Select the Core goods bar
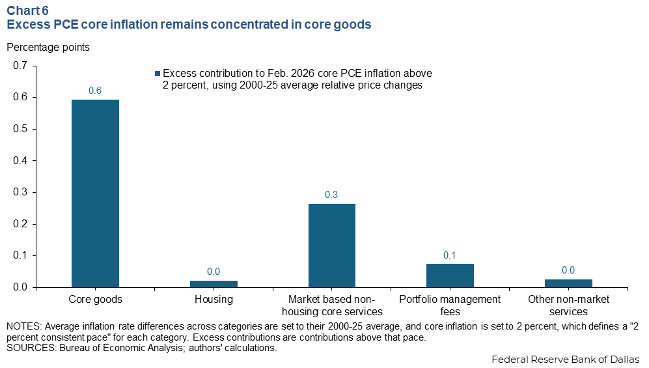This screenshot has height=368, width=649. pyautogui.click(x=95, y=193)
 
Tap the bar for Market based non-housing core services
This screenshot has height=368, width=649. pyautogui.click(x=331, y=246)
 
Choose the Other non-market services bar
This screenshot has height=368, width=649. pyautogui.click(x=568, y=283)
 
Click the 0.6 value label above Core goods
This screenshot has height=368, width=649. pyautogui.click(x=95, y=91)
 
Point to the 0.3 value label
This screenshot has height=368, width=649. pyautogui.click(x=331, y=195)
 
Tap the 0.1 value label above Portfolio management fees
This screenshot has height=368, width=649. pyautogui.click(x=450, y=255)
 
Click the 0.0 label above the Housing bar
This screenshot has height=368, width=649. pyautogui.click(x=214, y=272)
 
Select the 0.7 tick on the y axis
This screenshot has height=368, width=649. pyautogui.click(x=21, y=66)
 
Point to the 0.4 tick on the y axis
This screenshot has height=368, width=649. pyautogui.click(x=21, y=161)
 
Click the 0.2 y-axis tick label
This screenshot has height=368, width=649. pyautogui.click(x=21, y=224)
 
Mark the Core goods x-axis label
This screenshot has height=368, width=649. pyautogui.click(x=95, y=300)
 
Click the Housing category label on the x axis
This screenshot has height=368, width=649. pyautogui.click(x=214, y=300)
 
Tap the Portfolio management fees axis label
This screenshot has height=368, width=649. pyautogui.click(x=450, y=305)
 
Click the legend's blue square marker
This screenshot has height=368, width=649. pyautogui.click(x=157, y=74)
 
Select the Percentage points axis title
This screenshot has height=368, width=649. pyautogui.click(x=48, y=47)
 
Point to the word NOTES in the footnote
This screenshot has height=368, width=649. pyautogui.click(x=24, y=326)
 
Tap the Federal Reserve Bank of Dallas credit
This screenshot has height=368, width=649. pyautogui.click(x=566, y=359)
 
